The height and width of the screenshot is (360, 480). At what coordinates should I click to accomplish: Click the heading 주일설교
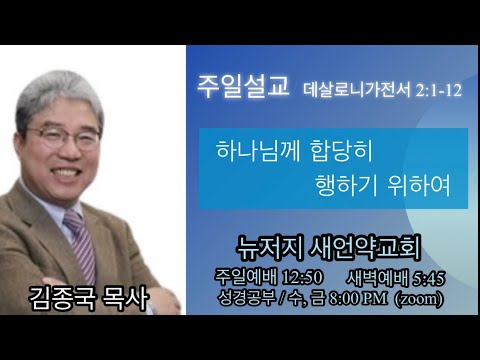[x=243, y=86]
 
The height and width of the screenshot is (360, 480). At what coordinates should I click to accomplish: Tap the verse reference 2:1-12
[x=439, y=90]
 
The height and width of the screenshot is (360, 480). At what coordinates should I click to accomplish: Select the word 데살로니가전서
[x=357, y=90]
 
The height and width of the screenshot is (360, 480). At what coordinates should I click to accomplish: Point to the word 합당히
[x=342, y=151]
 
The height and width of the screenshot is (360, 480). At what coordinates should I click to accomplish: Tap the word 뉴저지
[x=270, y=248]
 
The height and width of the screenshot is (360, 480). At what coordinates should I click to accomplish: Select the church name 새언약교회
[x=365, y=248]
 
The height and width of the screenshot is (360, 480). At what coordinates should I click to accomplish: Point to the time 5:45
[x=429, y=278]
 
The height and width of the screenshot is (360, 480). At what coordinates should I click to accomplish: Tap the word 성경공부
[x=247, y=298]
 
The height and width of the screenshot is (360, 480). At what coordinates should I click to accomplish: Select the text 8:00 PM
[x=358, y=298]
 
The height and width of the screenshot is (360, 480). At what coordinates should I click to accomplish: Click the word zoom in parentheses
[x=419, y=299]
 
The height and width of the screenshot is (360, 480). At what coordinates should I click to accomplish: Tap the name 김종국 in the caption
[x=62, y=298]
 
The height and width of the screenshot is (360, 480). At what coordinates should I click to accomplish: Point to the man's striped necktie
[x=81, y=243]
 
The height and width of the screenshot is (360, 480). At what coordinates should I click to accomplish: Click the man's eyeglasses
[x=63, y=136]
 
